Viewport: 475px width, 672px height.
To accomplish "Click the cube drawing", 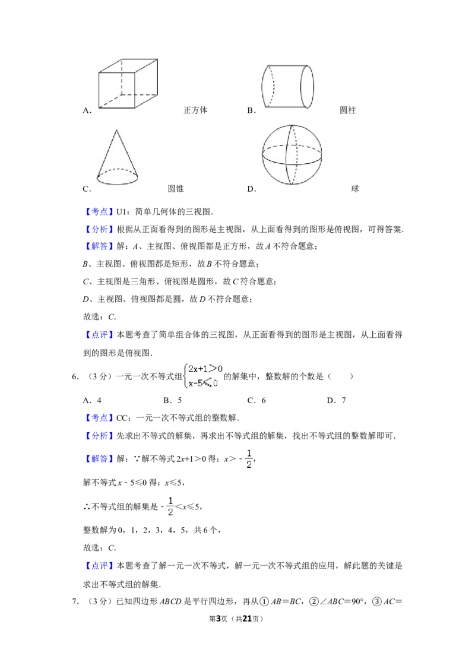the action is coord(128,83).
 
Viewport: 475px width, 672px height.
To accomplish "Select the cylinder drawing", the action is coord(287,85).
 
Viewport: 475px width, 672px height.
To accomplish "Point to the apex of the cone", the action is coord(117,131).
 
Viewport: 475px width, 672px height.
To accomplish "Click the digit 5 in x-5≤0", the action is coord(201,383).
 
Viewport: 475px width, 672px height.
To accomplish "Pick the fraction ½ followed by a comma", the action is coord(249,459).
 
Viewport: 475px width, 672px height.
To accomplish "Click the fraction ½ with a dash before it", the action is coord(169,506).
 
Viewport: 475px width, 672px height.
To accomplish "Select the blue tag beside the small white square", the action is coord(100,212).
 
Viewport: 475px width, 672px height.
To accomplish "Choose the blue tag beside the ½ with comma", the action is coord(100,459).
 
